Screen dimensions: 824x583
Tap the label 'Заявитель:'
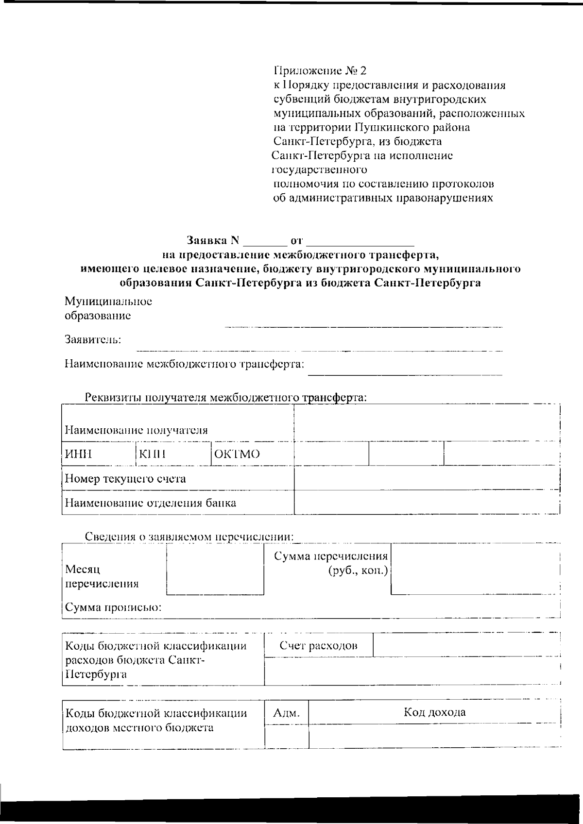[93, 339]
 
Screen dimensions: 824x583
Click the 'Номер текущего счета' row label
[126, 479]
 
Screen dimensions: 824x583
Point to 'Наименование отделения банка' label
[151, 503]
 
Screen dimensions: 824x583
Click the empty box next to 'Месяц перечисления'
[215, 569]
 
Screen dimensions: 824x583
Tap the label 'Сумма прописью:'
[113, 607]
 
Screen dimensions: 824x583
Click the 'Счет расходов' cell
[319, 645]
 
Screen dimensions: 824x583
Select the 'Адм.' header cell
[287, 713]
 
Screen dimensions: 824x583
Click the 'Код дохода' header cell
[434, 712]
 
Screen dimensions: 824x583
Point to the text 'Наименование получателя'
[137, 430]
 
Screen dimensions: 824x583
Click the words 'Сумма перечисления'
[331, 556]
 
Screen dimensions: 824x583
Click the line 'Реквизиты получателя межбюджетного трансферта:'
[225, 397]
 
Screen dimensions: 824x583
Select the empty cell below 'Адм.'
[287, 736]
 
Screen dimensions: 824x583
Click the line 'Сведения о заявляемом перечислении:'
[189, 537]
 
